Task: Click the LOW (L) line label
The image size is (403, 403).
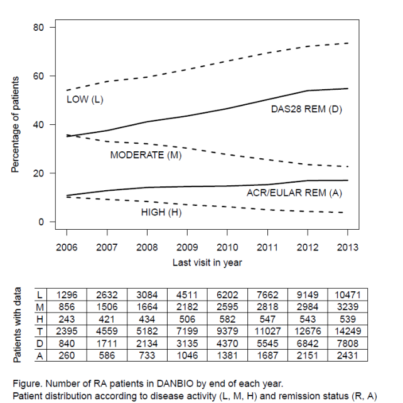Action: point(85,100)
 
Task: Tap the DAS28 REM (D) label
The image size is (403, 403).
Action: point(306,109)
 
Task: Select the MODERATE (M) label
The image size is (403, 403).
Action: point(146,155)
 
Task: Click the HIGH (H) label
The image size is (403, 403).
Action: point(163,212)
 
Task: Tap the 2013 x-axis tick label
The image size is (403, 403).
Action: point(347,247)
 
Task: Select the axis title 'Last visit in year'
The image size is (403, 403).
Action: point(207,262)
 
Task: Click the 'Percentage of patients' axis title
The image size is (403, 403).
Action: point(15,125)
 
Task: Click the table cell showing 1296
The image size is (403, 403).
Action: point(66,294)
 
